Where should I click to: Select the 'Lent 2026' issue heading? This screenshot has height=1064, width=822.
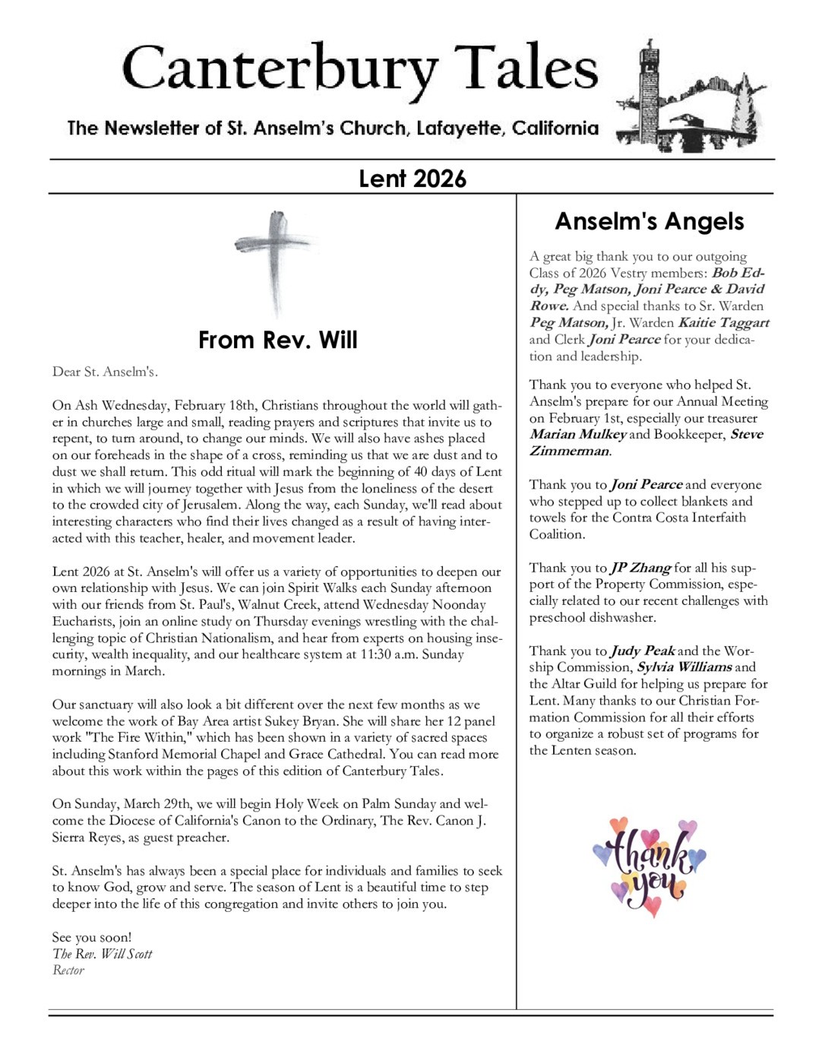pyautogui.click(x=412, y=179)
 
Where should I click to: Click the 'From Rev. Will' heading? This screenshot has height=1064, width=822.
pyautogui.click(x=277, y=340)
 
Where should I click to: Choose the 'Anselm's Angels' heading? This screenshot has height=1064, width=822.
pyautogui.click(x=650, y=221)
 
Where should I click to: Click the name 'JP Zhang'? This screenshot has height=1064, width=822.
pyautogui.click(x=640, y=568)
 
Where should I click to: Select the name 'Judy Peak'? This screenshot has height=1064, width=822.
pyautogui.click(x=643, y=651)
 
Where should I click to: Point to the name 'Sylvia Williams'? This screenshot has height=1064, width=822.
pyautogui.click(x=684, y=667)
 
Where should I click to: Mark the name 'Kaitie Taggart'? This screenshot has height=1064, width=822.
pyautogui.click(x=723, y=322)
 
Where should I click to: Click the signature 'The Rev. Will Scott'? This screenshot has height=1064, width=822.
pyautogui.click(x=103, y=954)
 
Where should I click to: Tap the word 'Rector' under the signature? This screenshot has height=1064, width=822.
pyautogui.click(x=68, y=971)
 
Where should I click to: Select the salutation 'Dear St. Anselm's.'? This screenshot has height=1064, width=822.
pyautogui.click(x=105, y=372)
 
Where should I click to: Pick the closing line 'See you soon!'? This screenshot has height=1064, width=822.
pyautogui.click(x=92, y=937)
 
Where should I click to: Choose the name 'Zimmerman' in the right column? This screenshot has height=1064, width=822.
pyautogui.click(x=570, y=451)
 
